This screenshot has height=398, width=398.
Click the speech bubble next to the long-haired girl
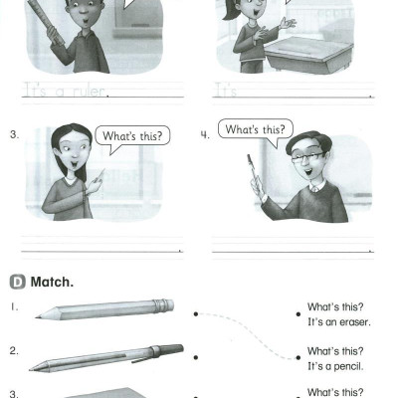click(132, 137)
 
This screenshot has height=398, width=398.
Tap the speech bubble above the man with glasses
click(256, 131)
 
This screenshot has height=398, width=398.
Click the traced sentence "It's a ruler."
click(67, 91)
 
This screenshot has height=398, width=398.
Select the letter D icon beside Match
click(17, 283)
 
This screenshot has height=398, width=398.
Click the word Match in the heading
click(52, 283)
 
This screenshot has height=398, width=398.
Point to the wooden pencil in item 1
click(104, 309)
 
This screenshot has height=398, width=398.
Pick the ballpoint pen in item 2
click(106, 357)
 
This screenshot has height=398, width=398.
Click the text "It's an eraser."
click(339, 322)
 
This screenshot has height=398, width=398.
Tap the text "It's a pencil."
click(335, 366)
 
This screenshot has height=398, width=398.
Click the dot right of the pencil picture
click(196, 313)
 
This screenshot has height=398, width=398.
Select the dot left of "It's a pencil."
click(298, 357)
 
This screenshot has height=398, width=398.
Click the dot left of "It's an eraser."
click(298, 313)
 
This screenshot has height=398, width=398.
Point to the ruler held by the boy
click(46, 22)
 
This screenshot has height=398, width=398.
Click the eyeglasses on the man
click(307, 157)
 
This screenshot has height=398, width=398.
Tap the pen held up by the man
click(253, 172)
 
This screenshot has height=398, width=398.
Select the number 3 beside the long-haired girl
click(14, 135)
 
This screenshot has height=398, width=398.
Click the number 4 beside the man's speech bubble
click(205, 135)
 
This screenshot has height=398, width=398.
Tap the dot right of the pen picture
click(196, 357)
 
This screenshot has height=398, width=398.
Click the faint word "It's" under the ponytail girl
click(226, 91)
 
